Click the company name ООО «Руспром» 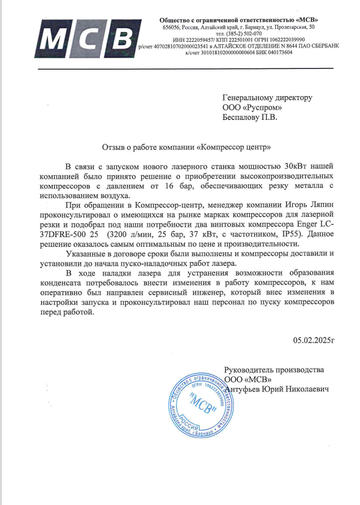click(x=253, y=108)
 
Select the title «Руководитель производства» click(x=274, y=369)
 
